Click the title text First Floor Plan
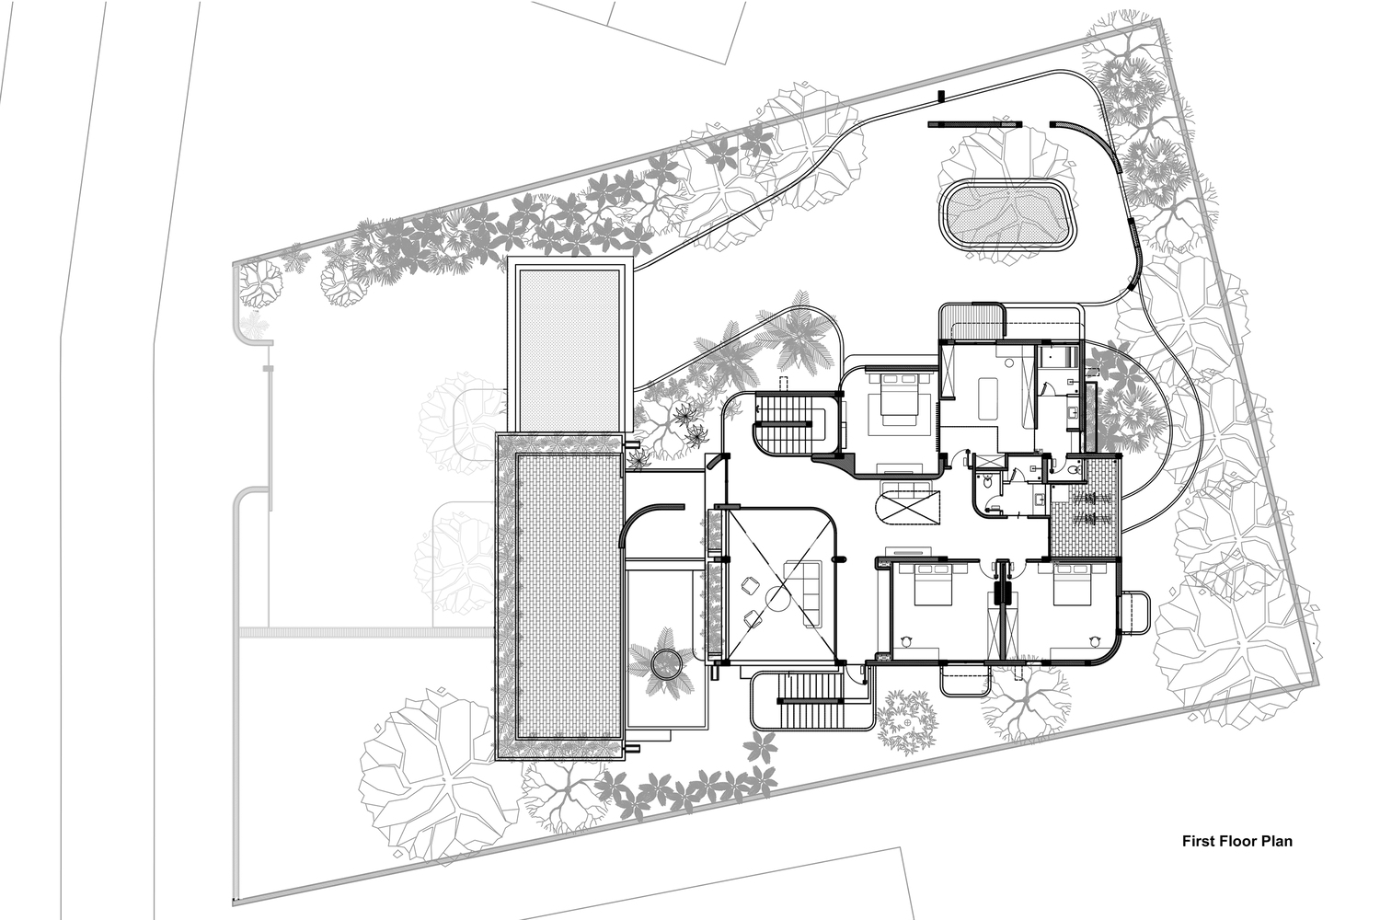pos(1237,841)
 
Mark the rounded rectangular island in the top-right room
pos(987,398)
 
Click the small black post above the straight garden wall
pos(941,96)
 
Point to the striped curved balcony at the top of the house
pos(973,320)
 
